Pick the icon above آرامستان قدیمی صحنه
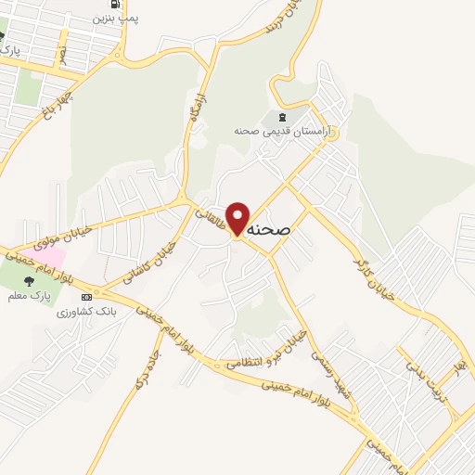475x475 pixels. (279, 118)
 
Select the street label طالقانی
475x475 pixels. (211, 219)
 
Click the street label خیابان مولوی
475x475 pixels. (61, 232)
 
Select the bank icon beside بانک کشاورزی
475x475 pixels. (86, 297)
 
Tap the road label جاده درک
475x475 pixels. (148, 365)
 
